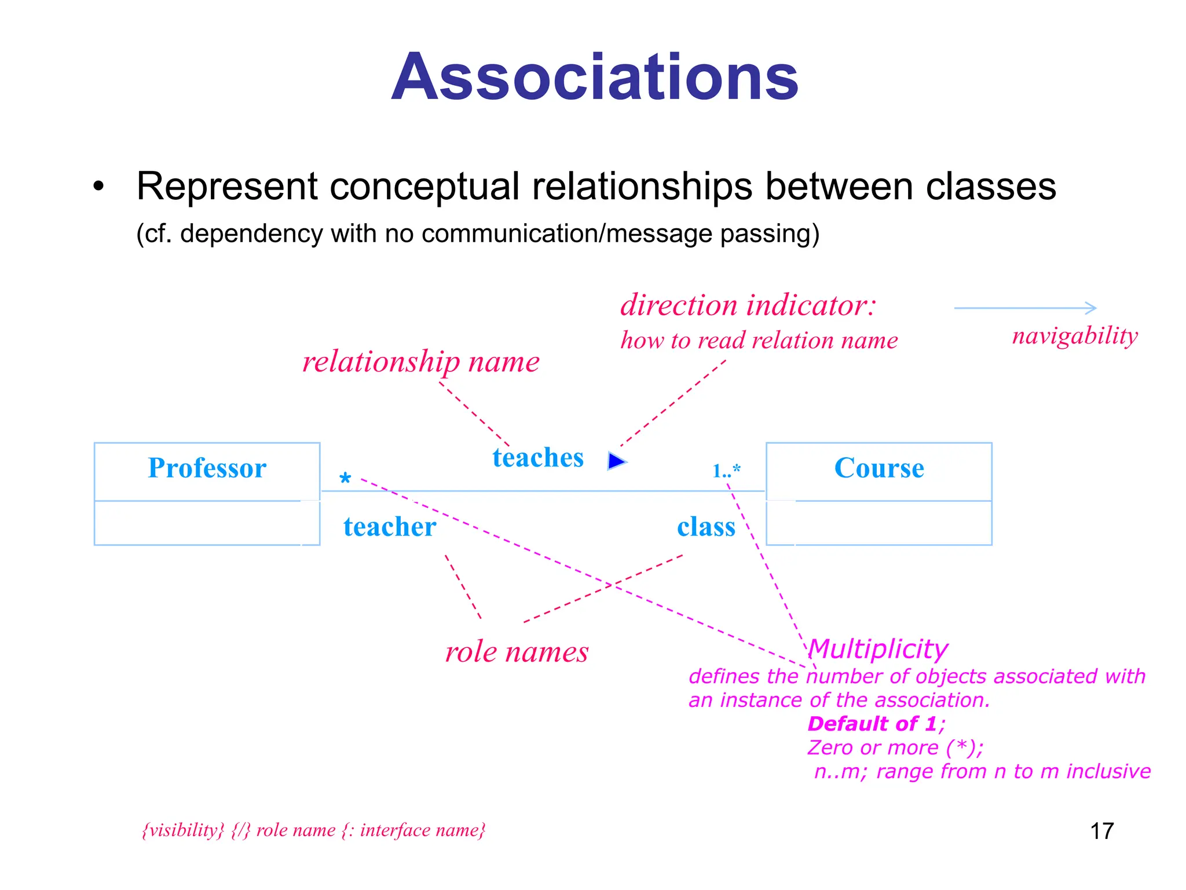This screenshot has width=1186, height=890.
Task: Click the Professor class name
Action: pyautogui.click(x=207, y=468)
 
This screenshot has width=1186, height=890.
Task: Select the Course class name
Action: pyautogui.click(x=878, y=468)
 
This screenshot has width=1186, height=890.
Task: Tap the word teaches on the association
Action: pyautogui.click(x=538, y=458)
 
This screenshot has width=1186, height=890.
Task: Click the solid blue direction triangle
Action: pyautogui.click(x=616, y=461)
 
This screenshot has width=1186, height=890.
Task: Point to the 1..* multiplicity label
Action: pyautogui.click(x=726, y=470)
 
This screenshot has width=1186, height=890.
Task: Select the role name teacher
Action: pyautogui.click(x=390, y=527)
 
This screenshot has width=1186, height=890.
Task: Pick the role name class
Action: pyautogui.click(x=706, y=527)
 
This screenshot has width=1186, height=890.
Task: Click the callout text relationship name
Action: pyautogui.click(x=421, y=362)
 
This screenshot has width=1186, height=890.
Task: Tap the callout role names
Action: pyautogui.click(x=517, y=652)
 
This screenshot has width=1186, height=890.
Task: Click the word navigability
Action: pyautogui.click(x=1075, y=336)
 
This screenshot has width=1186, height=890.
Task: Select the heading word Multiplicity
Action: pyautogui.click(x=878, y=649)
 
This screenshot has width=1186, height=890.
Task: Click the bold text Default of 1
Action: pyautogui.click(x=872, y=724)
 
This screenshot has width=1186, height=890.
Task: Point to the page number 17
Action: pyautogui.click(x=1101, y=831)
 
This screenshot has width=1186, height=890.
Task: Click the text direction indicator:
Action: pyautogui.click(x=748, y=305)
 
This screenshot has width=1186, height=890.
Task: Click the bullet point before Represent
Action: pyautogui.click(x=99, y=187)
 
